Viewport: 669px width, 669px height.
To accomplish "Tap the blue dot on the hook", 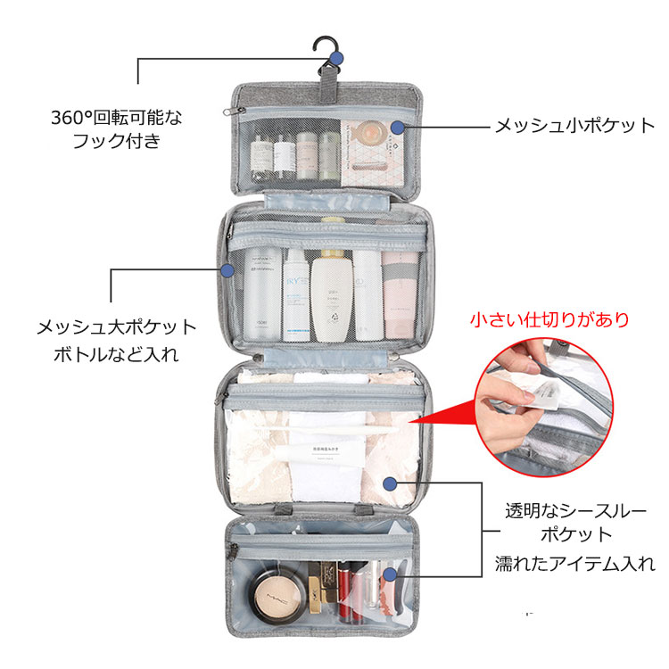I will click(x=336, y=59).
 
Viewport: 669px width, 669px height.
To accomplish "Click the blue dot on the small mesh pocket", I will click(x=397, y=127).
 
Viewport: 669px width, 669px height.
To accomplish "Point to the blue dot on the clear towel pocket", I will click(x=390, y=483).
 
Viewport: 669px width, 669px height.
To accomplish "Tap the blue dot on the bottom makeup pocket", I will click(x=390, y=574).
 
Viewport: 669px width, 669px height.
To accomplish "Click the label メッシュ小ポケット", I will click(x=574, y=126).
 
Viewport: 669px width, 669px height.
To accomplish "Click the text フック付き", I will click(x=116, y=141).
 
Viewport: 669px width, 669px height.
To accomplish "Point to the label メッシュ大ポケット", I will click(x=116, y=327).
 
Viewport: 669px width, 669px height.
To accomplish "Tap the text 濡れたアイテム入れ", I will click(x=575, y=563).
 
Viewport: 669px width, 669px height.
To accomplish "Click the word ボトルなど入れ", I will click(x=116, y=354).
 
